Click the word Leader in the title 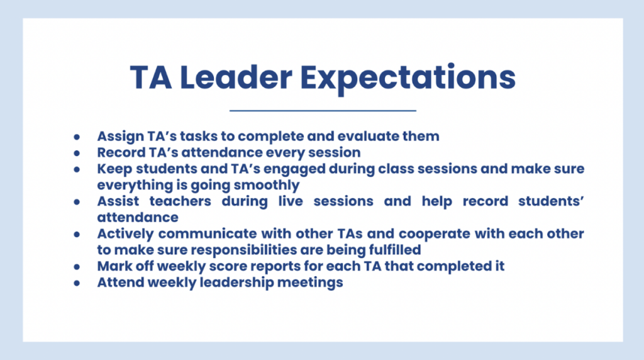click(236, 77)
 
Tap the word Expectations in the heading click(408, 79)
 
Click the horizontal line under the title click(323, 111)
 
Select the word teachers click(180, 201)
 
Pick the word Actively click(125, 234)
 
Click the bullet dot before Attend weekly click(77, 283)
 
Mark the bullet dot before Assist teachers click(77, 202)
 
